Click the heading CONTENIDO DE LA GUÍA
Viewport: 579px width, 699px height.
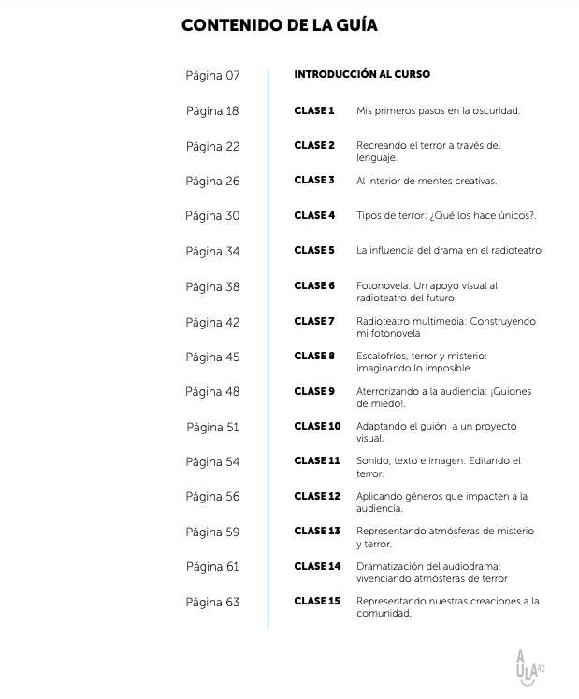point(280,26)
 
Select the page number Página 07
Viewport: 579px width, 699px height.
point(212,75)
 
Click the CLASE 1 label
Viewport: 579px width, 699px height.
point(314,110)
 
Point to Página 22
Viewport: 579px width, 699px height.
point(212,146)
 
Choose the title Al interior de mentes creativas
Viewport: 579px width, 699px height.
point(427,181)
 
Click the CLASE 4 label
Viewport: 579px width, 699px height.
point(314,215)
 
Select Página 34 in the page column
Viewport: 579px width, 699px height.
point(212,251)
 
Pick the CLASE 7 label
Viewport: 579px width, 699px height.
point(314,321)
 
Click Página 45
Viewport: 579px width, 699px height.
point(212,357)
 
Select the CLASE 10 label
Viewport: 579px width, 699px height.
point(317,426)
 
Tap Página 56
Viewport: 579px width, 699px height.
point(212,497)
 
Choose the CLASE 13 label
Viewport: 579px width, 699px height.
point(317,531)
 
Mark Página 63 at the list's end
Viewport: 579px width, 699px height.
point(212,602)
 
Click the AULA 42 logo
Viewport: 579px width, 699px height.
point(528,667)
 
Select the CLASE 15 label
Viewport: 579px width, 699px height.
point(317,601)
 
